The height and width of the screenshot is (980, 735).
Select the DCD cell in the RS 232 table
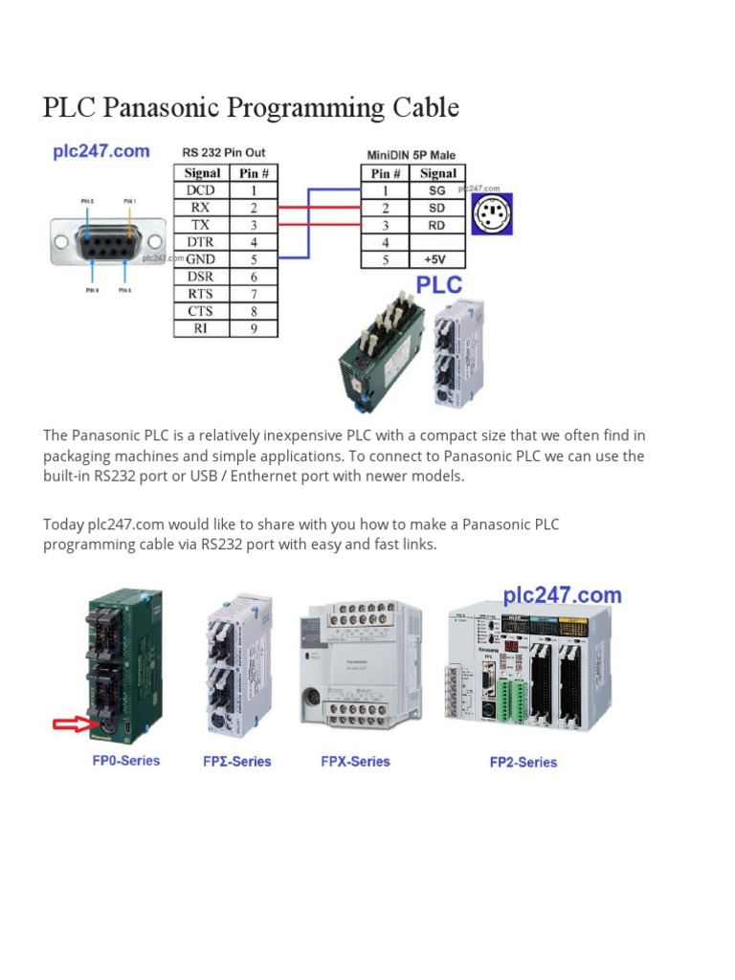pos(202,190)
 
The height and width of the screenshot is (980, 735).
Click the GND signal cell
pos(202,259)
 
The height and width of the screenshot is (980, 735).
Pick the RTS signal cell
pos(202,294)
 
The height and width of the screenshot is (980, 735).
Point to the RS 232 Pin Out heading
pos(224,152)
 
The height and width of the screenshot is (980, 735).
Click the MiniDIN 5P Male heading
pos(412,154)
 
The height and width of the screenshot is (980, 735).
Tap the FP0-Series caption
pos(120,761)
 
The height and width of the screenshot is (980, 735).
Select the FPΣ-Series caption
pos(236,762)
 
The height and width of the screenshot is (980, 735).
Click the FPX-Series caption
pos(355,762)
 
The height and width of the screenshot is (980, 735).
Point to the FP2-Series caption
pos(523,763)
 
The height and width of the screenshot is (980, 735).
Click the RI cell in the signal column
pos(202,328)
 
